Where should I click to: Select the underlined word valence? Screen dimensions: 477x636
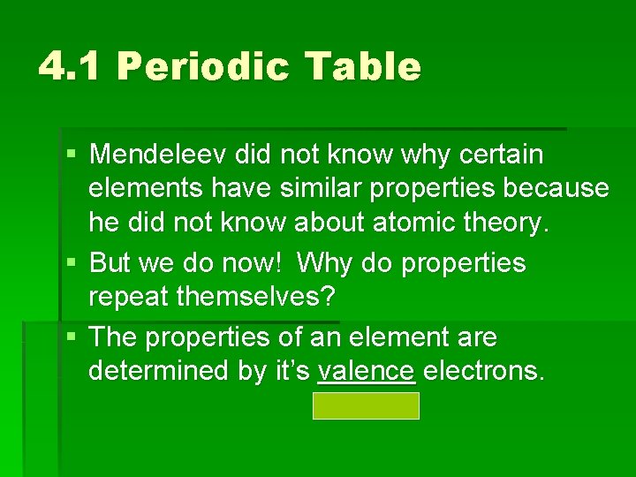click(366, 371)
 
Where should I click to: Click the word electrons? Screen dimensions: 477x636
click(483, 371)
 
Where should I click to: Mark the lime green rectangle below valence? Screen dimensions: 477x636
click(366, 406)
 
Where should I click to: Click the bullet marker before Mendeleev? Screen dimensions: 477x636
click(71, 156)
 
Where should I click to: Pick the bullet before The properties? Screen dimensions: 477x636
click(71, 338)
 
